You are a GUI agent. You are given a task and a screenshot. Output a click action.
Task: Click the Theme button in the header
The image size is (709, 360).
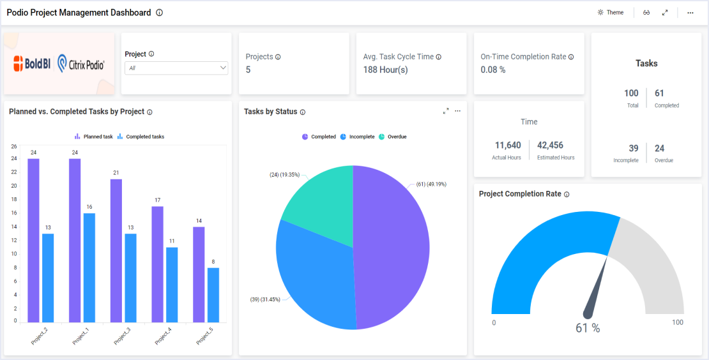pyautogui.click(x=611, y=13)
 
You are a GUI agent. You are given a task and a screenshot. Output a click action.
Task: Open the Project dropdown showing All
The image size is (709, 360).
pyautogui.click(x=176, y=68)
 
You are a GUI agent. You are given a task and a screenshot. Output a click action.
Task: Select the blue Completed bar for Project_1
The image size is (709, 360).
pyautogui.click(x=89, y=268)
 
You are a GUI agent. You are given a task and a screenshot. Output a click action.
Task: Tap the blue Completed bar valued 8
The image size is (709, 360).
pyautogui.click(x=213, y=295)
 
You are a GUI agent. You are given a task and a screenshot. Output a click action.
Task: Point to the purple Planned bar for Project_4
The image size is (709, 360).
pyautogui.click(x=157, y=264)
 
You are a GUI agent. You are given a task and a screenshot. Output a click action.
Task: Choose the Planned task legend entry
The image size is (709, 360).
pyautogui.click(x=94, y=137)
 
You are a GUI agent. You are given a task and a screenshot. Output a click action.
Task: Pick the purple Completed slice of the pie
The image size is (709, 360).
pyautogui.click(x=393, y=249)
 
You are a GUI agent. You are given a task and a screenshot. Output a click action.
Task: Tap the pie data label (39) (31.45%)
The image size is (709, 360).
pyautogui.click(x=264, y=299)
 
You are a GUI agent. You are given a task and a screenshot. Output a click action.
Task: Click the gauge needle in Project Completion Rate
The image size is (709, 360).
pyautogui.click(x=597, y=287)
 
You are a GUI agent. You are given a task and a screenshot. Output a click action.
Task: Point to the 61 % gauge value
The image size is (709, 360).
pyautogui.click(x=588, y=328)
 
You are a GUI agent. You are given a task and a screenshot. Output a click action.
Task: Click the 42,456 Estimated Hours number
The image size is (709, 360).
pyautogui.click(x=550, y=146)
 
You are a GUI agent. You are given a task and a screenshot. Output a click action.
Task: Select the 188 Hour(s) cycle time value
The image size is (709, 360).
pyautogui.click(x=385, y=70)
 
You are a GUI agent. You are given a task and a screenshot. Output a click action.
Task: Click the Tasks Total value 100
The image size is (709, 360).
pyautogui.click(x=631, y=93)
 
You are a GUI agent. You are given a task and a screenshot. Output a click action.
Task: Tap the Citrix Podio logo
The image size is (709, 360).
pyautogui.click(x=81, y=64)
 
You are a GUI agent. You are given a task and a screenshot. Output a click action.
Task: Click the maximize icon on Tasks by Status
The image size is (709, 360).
pyautogui.click(x=446, y=111)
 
